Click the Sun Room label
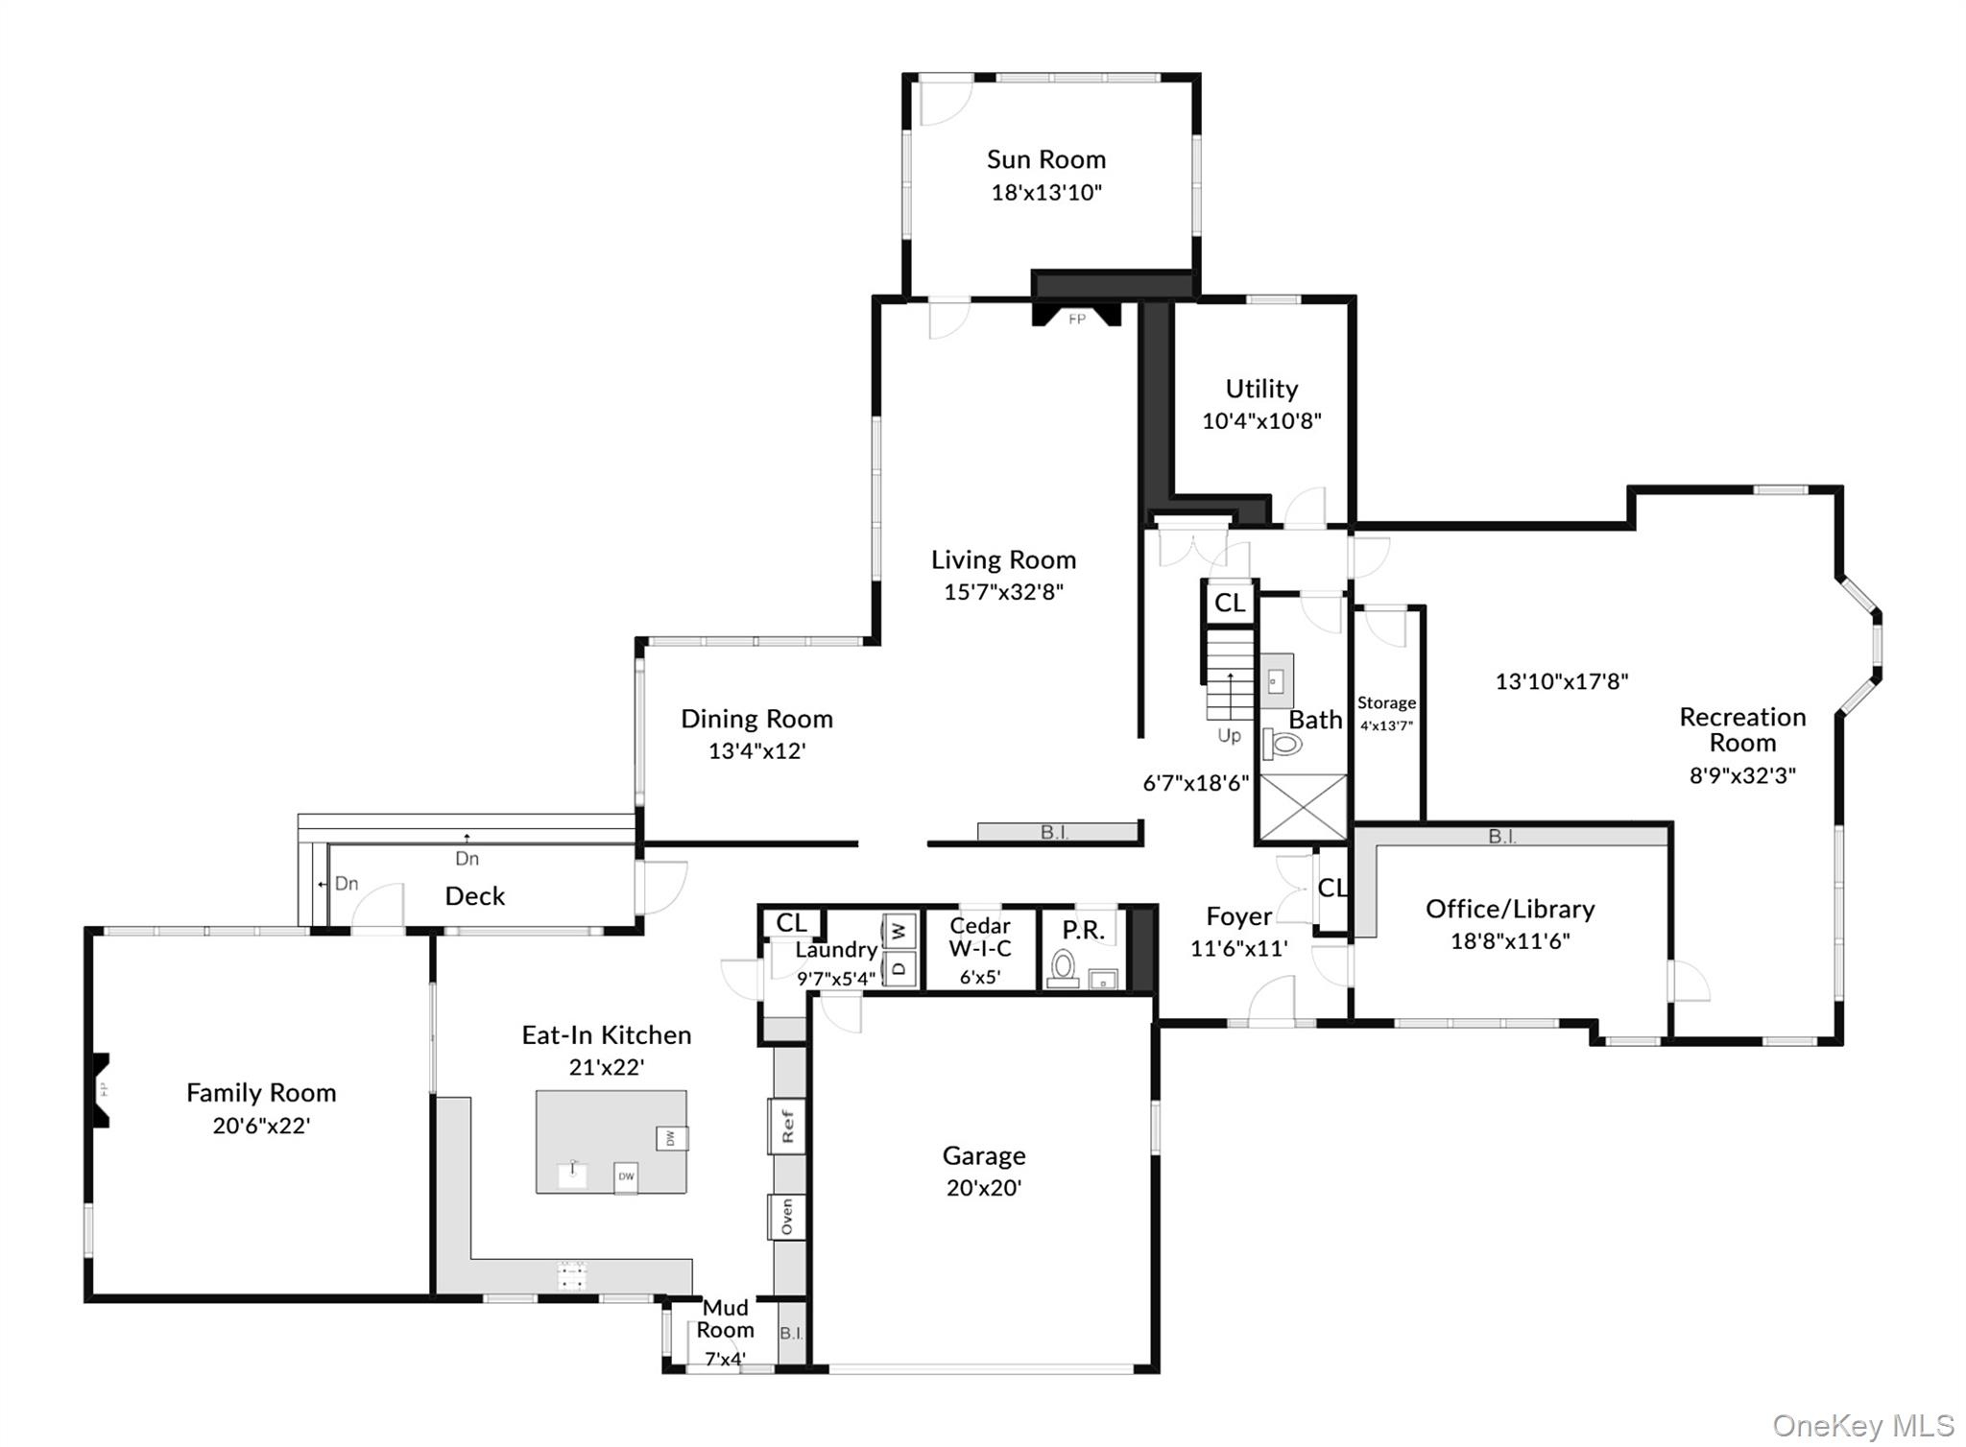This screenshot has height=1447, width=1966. (1046, 159)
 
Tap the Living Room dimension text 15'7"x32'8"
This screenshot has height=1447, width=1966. (1003, 592)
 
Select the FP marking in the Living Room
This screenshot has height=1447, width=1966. (1077, 320)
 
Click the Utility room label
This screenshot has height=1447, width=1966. (1261, 389)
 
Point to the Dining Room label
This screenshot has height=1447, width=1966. (756, 719)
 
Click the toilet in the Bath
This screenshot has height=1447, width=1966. (1282, 744)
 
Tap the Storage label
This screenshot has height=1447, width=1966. (1386, 703)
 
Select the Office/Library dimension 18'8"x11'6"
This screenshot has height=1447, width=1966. (1510, 941)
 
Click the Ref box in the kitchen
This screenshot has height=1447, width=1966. (787, 1126)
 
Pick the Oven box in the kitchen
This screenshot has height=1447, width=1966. (787, 1217)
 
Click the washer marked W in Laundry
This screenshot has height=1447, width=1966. (899, 931)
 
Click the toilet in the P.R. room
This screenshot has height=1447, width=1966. (1063, 968)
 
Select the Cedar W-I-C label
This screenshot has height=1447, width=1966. (979, 937)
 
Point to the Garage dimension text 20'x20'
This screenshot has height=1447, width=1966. (984, 1188)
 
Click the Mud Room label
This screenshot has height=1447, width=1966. (725, 1318)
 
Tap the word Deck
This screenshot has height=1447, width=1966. (475, 896)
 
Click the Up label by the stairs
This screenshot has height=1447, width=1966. (1230, 736)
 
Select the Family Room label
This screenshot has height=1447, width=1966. (261, 1093)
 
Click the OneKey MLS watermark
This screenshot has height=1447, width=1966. (1862, 1426)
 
